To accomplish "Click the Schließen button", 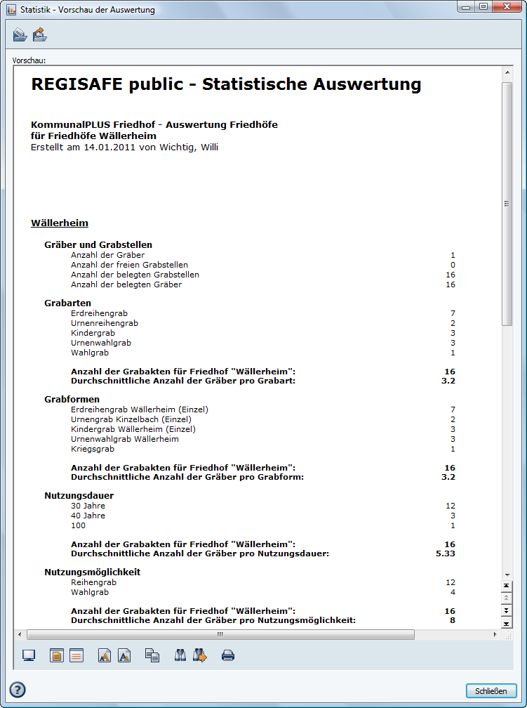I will tap(491, 690).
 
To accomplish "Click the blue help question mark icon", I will tap(18, 690).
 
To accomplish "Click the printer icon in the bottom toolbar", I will tap(228, 656).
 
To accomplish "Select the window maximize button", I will tap(483, 6).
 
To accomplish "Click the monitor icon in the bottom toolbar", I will tap(29, 656).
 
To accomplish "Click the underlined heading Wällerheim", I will tap(60, 223).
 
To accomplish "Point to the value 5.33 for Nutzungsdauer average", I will tap(446, 554).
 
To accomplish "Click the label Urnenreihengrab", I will tap(105, 323).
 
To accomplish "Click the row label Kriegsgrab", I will tap(93, 448).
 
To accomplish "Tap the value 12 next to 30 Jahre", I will tap(450, 506).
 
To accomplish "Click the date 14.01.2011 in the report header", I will tap(107, 147).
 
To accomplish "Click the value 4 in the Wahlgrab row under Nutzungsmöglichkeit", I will tap(453, 592).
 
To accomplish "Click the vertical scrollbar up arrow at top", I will tap(507, 72).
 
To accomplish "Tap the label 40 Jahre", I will tap(88, 516).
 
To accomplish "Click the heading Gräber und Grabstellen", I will tap(98, 245).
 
